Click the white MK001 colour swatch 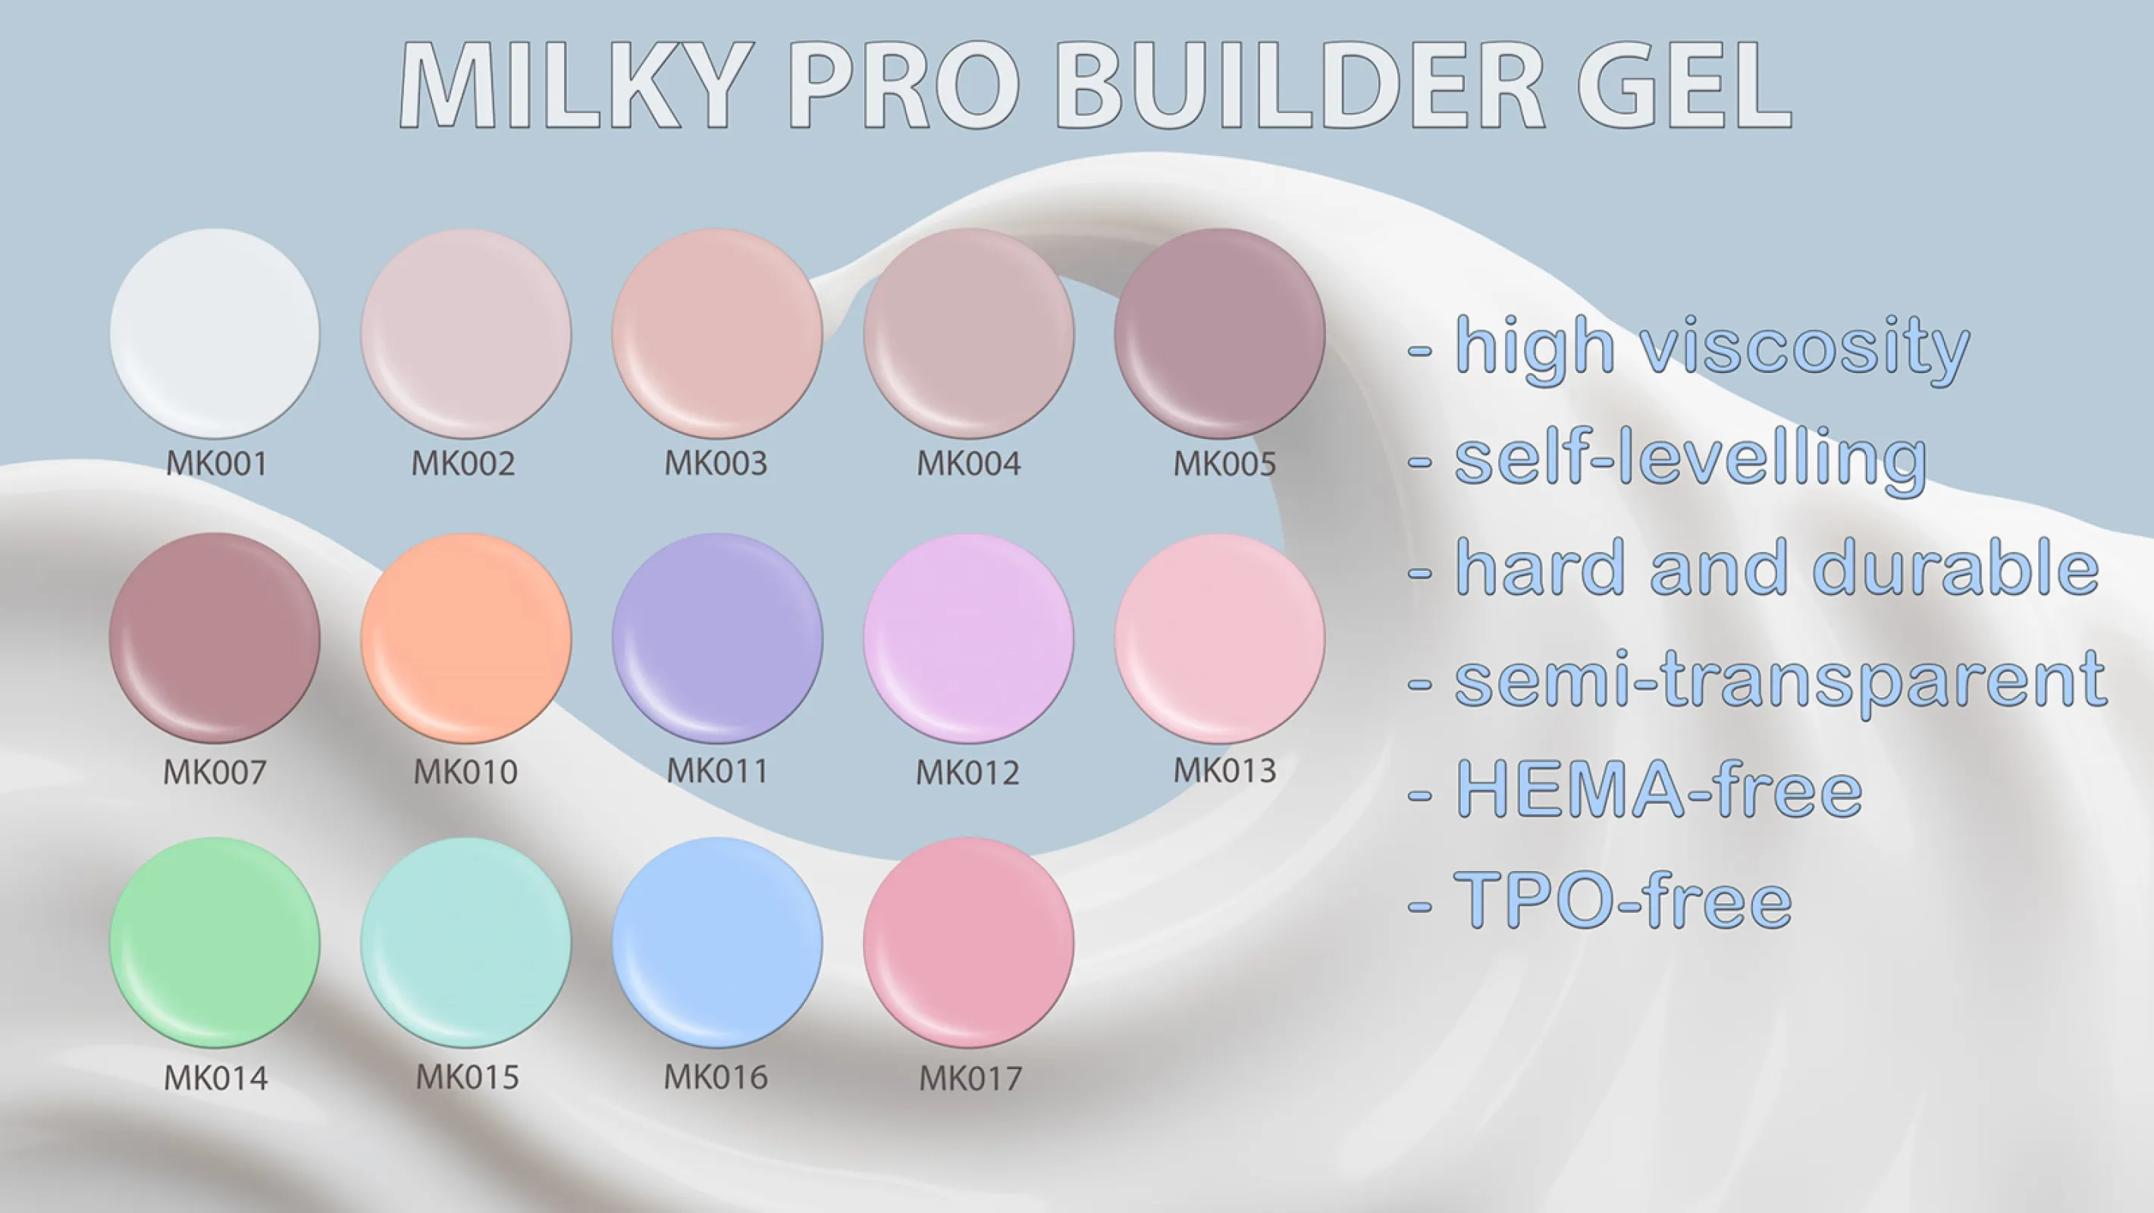(x=215, y=334)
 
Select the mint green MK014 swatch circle (x=215, y=943)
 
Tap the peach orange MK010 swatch (x=466, y=638)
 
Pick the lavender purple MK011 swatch (x=717, y=638)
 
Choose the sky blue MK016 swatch (x=717, y=943)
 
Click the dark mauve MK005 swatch (x=1220, y=334)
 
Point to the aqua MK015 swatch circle (x=466, y=943)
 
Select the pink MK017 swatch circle (x=968, y=943)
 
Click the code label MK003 (x=716, y=463)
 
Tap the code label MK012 (x=967, y=773)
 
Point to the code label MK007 (x=215, y=773)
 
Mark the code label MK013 (x=1225, y=771)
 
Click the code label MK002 (x=463, y=463)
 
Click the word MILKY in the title (x=572, y=84)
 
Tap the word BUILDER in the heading (x=1300, y=84)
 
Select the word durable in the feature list (x=1956, y=567)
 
